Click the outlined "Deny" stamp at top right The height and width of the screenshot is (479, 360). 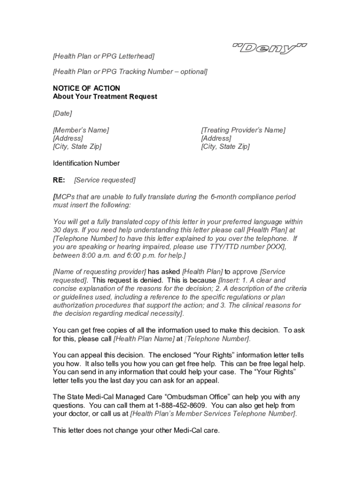pos(270,48)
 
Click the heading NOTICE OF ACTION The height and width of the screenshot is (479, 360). pos(86,88)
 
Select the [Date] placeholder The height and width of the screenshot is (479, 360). pos(62,113)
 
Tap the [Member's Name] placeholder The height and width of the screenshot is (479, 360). pos(81,130)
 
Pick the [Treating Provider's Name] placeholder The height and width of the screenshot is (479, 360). pos(243,130)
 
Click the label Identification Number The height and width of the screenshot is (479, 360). pos(86,163)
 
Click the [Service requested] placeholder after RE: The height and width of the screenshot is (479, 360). pos(105,180)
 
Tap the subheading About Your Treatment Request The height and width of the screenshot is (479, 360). pos(105,97)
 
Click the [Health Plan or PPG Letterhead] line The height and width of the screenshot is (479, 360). pos(103,57)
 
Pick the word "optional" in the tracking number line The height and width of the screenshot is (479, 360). pos(192,72)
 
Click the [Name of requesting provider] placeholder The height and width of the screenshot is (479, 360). pos(100,272)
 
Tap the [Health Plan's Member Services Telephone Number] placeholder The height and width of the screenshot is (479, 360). pos(213,414)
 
